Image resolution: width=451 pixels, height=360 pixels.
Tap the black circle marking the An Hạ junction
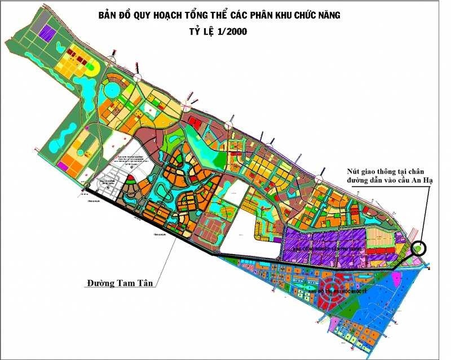[419, 248]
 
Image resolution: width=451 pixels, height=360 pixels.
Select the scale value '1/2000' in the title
[229, 32]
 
